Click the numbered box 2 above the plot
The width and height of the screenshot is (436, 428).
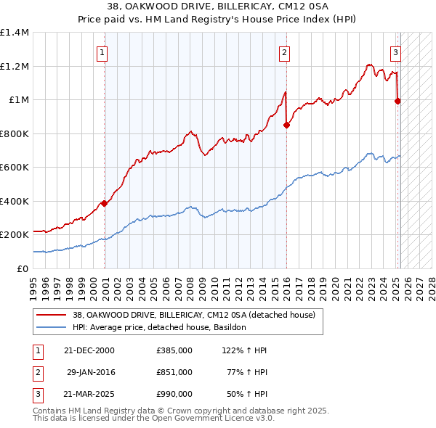coord(284,52)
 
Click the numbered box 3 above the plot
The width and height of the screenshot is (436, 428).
coord(395,52)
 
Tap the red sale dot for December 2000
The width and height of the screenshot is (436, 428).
coord(105,204)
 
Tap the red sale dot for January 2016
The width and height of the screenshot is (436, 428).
coord(286,125)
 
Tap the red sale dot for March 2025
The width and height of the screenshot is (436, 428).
coord(397,102)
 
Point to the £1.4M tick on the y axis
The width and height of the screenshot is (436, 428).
coord(15,33)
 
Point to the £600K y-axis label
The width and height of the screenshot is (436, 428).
coord(15,167)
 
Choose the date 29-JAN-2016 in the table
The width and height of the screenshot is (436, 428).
coord(91,372)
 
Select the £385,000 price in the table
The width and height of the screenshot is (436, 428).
coord(174,350)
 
